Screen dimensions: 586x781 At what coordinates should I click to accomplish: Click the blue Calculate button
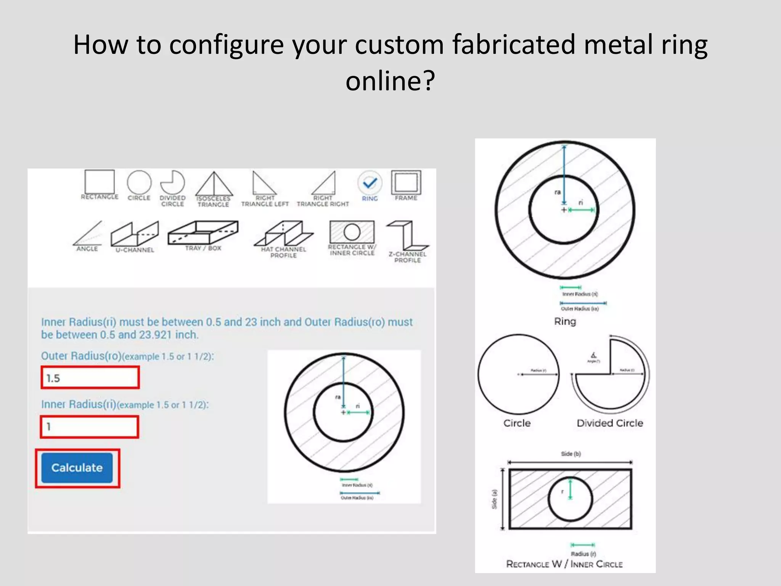(x=77, y=468)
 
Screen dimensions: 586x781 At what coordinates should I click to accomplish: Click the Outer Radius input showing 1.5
(x=90, y=378)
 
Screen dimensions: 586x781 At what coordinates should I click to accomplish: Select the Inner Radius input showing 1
(x=89, y=427)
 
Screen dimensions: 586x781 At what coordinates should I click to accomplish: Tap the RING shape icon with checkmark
(x=370, y=184)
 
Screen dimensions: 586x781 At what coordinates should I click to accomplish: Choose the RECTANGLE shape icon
(x=100, y=182)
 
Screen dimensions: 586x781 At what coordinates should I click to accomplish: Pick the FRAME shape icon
(x=406, y=183)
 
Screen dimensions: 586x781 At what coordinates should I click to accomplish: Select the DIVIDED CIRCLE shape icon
(x=172, y=183)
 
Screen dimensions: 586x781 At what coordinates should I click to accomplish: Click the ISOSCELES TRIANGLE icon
(x=214, y=184)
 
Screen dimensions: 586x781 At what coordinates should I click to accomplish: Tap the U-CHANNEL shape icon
(x=135, y=234)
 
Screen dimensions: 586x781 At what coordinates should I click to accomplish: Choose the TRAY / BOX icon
(x=203, y=232)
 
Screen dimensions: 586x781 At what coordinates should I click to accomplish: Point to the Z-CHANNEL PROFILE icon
(x=407, y=235)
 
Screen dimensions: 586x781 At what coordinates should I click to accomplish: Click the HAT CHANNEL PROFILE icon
(x=283, y=233)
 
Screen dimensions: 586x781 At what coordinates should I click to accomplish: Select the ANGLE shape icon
(x=88, y=233)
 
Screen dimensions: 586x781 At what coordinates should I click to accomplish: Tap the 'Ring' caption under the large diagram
(x=565, y=321)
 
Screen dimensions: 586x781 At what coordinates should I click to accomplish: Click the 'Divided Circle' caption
(x=609, y=423)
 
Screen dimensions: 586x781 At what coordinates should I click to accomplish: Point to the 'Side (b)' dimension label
(x=570, y=454)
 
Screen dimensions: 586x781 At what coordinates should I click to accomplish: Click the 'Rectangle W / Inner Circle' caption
(x=564, y=564)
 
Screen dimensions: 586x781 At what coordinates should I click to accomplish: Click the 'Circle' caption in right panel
(x=517, y=423)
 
